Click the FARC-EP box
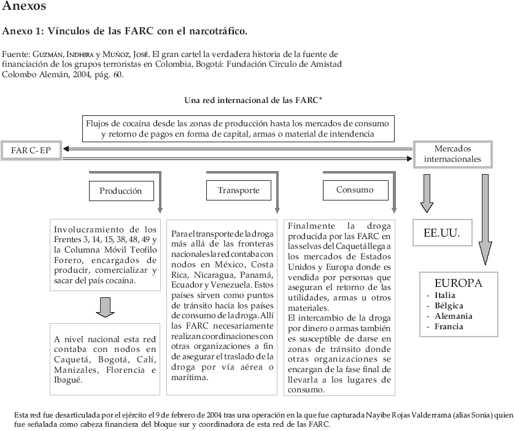click(x=31, y=150)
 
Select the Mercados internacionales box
click(x=453, y=154)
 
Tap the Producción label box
click(x=120, y=191)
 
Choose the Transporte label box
click(x=238, y=191)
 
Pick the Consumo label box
click(x=355, y=190)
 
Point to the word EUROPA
click(x=458, y=283)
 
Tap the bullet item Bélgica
click(x=449, y=306)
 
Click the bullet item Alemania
click(x=453, y=316)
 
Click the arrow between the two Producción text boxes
click(x=106, y=307)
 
